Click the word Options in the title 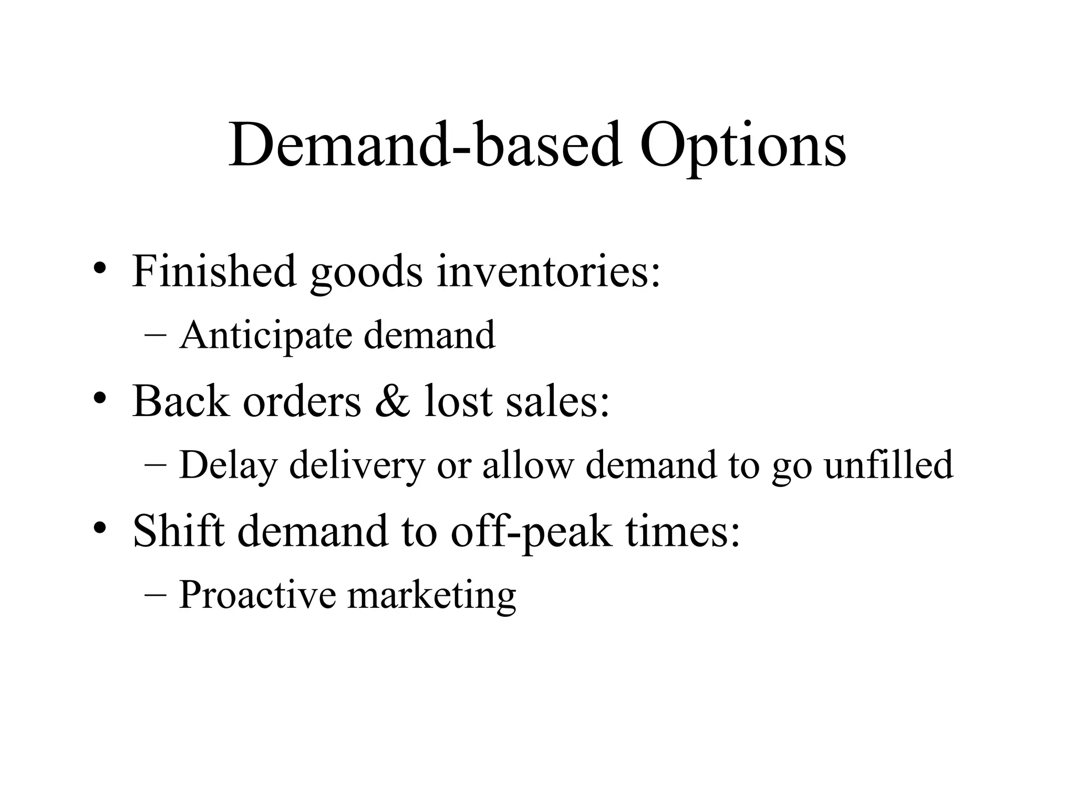(x=742, y=144)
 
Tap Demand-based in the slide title (x=425, y=144)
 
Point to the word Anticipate (x=265, y=335)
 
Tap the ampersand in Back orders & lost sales (x=392, y=401)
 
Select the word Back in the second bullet (x=181, y=401)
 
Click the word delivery (x=357, y=465)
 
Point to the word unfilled (x=888, y=464)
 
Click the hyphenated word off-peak (x=531, y=532)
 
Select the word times (x=683, y=531)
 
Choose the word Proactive (x=257, y=595)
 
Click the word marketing (x=432, y=596)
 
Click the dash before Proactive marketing (x=154, y=595)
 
